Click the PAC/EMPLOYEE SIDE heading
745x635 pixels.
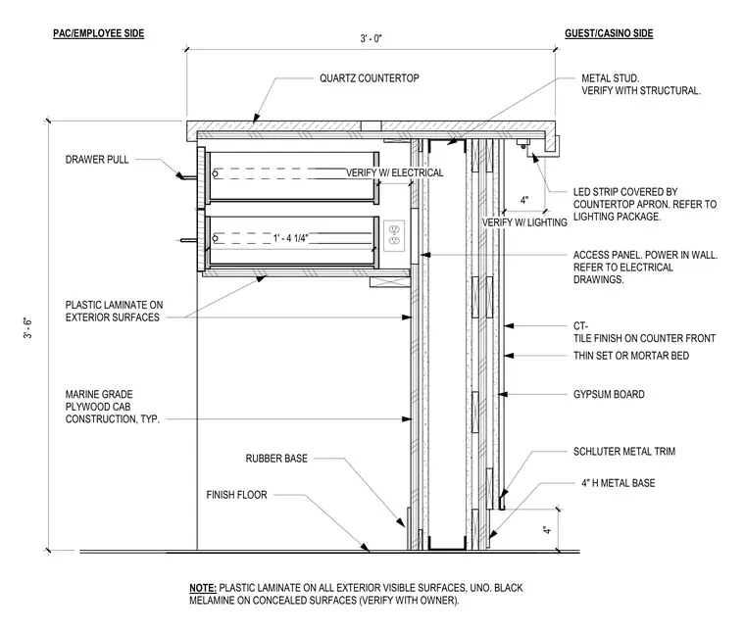[x=98, y=33]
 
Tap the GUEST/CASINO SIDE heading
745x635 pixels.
[x=609, y=33]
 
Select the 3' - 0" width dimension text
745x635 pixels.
[x=371, y=38]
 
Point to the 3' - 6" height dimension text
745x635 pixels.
[x=28, y=328]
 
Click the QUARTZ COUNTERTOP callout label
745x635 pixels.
[x=370, y=78]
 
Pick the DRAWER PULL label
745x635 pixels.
[x=97, y=160]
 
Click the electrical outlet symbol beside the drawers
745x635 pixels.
[x=394, y=235]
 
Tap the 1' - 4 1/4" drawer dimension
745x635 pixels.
[x=291, y=238]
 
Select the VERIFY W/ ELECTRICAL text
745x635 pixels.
[x=394, y=172]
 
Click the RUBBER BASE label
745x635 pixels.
[x=276, y=459]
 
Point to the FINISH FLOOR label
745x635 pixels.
[x=236, y=495]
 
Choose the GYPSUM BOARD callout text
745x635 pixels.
[x=609, y=394]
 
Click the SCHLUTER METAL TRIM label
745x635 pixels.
[x=624, y=451]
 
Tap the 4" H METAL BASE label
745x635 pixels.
[x=619, y=483]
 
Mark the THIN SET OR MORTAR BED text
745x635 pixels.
[x=631, y=356]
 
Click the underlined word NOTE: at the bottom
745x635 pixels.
[x=203, y=588]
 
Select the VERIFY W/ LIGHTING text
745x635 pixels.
[x=524, y=222]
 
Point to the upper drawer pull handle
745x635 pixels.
[x=186, y=177]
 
